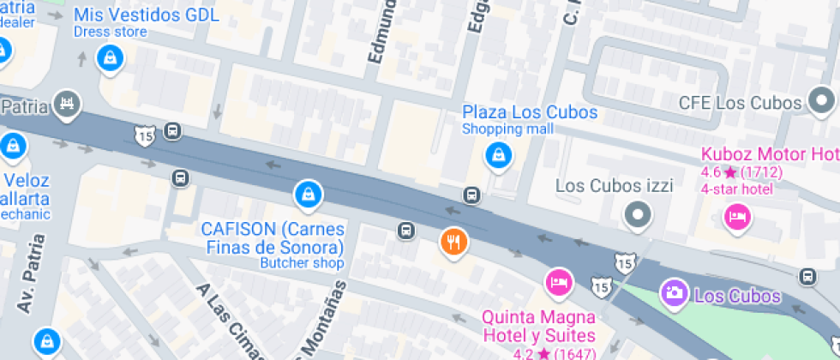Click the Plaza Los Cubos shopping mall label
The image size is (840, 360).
coord(530,112)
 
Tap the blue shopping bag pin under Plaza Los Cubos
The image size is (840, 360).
coord(498,155)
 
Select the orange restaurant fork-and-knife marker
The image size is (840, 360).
coord(453,242)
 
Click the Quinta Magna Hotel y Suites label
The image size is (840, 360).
coord(538,326)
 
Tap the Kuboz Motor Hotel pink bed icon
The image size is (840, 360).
coord(735,215)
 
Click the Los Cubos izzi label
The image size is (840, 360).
coord(614,185)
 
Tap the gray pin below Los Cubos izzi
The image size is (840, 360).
coord(637,215)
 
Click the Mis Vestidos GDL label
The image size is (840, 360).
coord(146,15)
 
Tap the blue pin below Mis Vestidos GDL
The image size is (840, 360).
coord(111,58)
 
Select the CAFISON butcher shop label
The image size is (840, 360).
coord(273,238)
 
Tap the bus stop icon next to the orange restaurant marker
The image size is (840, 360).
coord(406,231)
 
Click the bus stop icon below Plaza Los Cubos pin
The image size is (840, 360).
coord(471,195)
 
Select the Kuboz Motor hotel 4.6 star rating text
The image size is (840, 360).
coord(741,172)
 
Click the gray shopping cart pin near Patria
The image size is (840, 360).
coord(65,105)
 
